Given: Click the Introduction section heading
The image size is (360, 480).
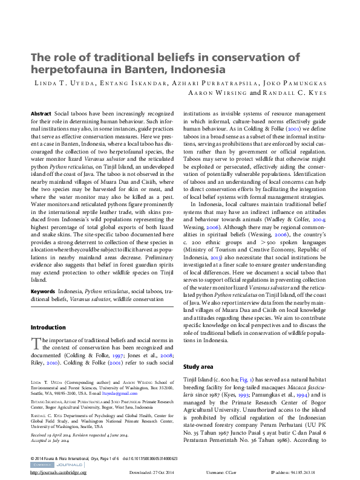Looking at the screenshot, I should [48, 328].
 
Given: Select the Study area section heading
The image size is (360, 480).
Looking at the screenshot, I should [198, 367].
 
